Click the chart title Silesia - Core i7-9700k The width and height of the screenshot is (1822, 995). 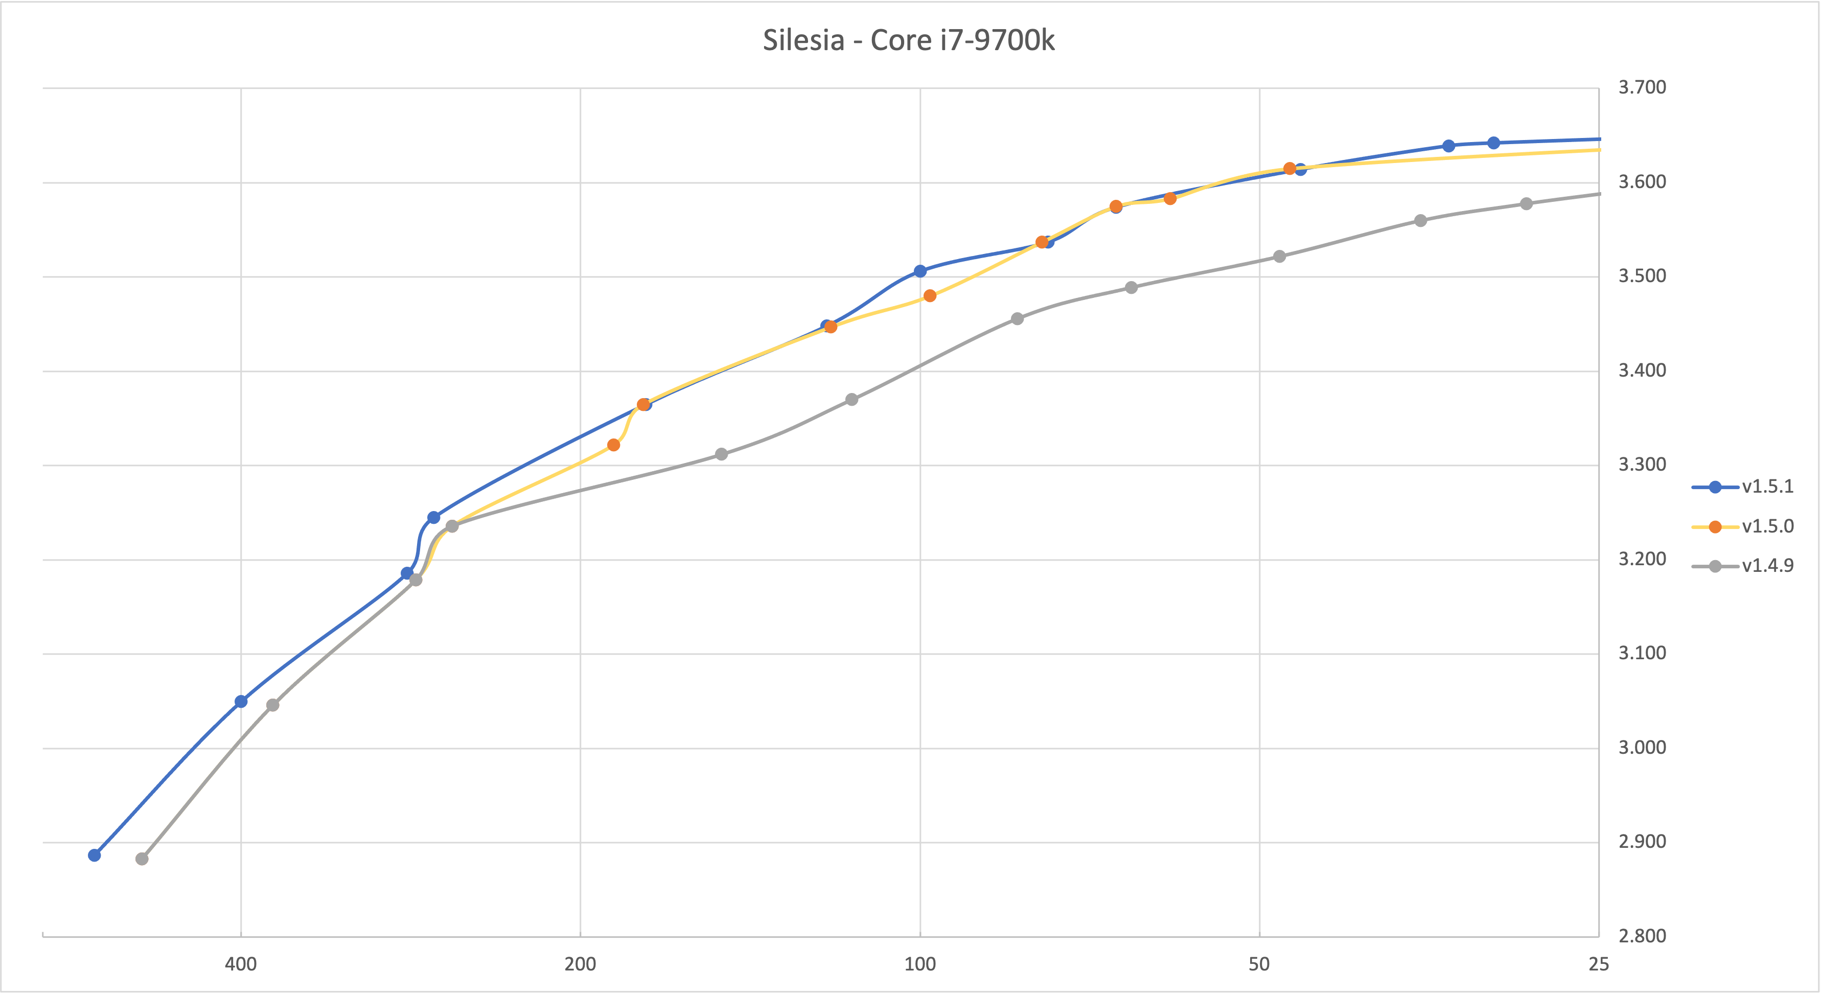coord(908,40)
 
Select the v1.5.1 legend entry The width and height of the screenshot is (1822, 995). coord(1767,487)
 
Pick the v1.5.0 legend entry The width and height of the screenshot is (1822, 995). coord(1767,526)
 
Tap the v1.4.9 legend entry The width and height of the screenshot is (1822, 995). coord(1767,566)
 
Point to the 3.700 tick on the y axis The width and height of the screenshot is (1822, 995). coord(1642,88)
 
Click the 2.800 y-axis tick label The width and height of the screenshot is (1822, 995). coord(1642,936)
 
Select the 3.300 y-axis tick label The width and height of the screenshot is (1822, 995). coord(1642,465)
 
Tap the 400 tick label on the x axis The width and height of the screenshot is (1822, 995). coord(241,964)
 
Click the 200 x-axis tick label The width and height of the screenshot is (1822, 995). coord(580,964)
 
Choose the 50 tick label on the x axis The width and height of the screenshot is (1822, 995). coord(1259,964)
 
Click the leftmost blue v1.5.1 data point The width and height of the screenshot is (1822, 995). coord(94,855)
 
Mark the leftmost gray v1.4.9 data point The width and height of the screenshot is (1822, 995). coord(142,859)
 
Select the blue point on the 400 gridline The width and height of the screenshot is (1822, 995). coord(241,702)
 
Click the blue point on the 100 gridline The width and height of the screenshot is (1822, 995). coord(919,271)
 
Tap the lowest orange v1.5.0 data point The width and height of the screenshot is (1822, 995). coord(613,445)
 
